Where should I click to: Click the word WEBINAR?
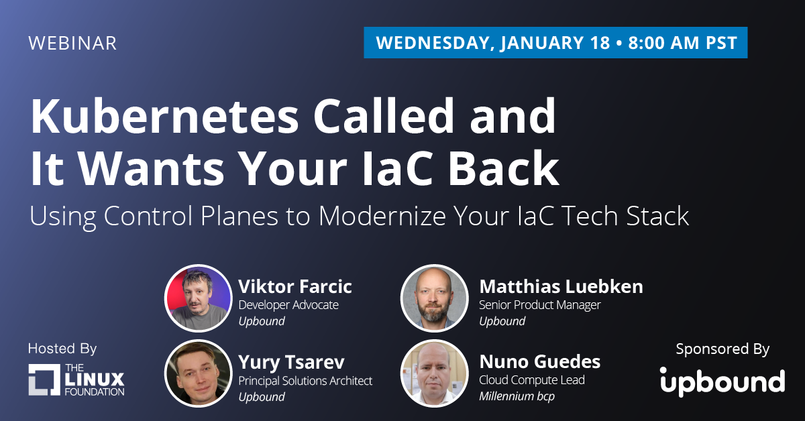pyautogui.click(x=72, y=43)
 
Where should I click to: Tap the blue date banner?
pyautogui.click(x=555, y=42)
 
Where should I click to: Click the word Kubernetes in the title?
pyautogui.click(x=164, y=116)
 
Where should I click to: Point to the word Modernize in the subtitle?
pyautogui.click(x=382, y=216)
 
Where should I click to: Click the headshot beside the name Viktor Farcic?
pyautogui.click(x=199, y=298)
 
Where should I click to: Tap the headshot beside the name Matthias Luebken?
pyautogui.click(x=435, y=298)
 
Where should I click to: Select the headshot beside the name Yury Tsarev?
pyautogui.click(x=199, y=373)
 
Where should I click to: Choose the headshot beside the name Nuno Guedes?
pyautogui.click(x=435, y=373)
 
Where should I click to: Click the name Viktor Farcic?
pyautogui.click(x=295, y=286)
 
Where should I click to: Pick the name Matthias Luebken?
pyautogui.click(x=561, y=286)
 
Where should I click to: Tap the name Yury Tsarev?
pyautogui.click(x=291, y=362)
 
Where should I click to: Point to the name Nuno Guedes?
pyautogui.click(x=540, y=361)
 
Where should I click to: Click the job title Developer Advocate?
pyautogui.click(x=288, y=305)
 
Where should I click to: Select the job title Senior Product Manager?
pyautogui.click(x=540, y=305)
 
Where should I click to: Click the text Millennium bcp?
pyautogui.click(x=517, y=396)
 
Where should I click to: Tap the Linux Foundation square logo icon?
pyautogui.click(x=44, y=379)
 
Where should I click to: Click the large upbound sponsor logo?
pyautogui.click(x=722, y=382)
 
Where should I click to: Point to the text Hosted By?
pyautogui.click(x=62, y=349)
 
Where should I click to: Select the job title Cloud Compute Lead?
pyautogui.click(x=532, y=379)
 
